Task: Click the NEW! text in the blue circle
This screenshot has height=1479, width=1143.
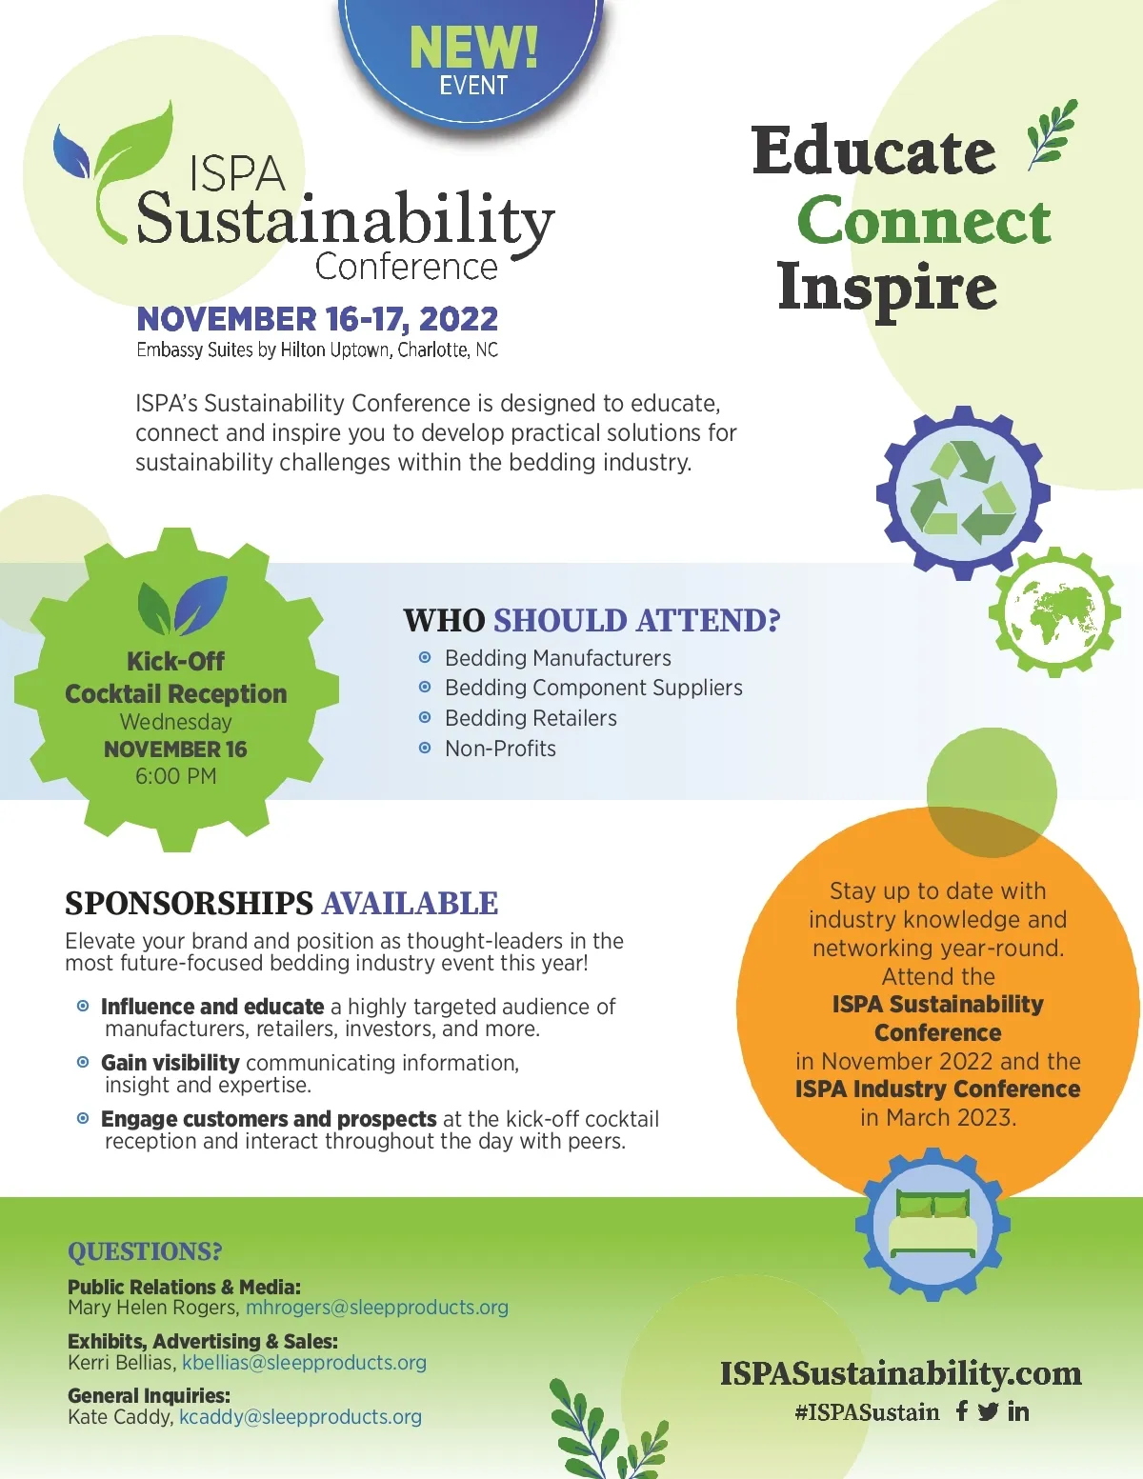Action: pos(473,47)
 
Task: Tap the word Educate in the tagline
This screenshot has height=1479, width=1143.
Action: pos(874,150)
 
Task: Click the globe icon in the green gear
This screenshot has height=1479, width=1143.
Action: pos(1054,612)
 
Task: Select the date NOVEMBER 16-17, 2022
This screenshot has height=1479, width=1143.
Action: pos(317,319)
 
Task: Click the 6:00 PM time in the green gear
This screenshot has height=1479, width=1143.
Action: pos(175,776)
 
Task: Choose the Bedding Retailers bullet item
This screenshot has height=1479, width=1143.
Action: pos(531,718)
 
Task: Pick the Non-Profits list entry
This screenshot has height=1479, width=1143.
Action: pos(500,749)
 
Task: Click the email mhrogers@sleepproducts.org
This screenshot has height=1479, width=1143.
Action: pos(377,1308)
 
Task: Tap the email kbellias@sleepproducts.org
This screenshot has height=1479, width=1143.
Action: pos(304,1363)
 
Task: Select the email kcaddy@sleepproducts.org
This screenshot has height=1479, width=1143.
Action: pos(300,1417)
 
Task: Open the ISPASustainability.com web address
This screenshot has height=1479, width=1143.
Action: pos(901,1373)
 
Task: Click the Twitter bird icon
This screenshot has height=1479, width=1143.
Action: pos(989,1412)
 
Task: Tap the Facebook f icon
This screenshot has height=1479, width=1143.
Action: pos(961,1411)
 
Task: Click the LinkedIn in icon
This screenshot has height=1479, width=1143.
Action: pos(1018,1412)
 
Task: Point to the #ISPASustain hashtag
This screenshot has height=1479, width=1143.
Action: pos(867,1413)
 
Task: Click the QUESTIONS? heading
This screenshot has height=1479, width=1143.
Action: pos(145,1251)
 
